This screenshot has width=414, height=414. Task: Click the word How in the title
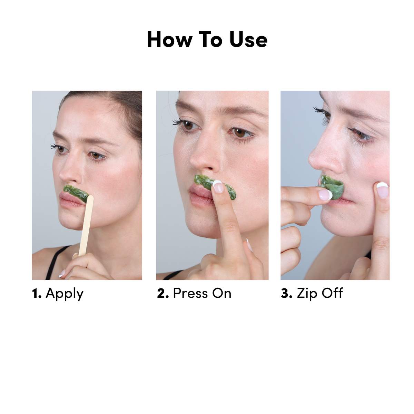(169, 40)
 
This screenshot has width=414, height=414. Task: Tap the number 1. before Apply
(37, 294)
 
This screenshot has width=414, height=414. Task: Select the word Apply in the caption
(65, 294)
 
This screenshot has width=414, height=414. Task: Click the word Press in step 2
(190, 294)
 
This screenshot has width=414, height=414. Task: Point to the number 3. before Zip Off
(287, 294)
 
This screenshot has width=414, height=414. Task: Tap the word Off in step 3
(332, 294)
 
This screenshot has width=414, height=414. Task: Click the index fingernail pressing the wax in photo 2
(218, 187)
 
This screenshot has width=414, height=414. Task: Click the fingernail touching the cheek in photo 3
(382, 190)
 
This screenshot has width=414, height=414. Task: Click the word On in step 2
(221, 294)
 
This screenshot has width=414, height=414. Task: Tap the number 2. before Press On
(163, 294)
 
